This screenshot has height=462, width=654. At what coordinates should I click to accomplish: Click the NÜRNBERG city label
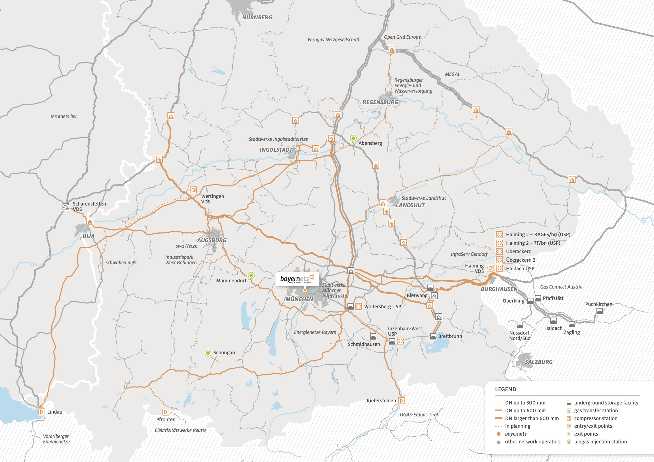tap(257, 17)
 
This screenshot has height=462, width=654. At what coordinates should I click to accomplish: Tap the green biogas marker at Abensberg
tap(353, 138)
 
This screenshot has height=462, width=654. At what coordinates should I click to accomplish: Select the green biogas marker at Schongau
tap(208, 353)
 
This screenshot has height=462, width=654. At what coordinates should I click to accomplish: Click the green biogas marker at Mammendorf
tap(251, 275)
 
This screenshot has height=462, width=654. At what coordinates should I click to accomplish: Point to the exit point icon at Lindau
tap(42, 412)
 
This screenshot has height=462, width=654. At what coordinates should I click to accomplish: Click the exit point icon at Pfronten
tap(166, 412)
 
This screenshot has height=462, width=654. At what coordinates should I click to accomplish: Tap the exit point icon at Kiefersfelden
tap(401, 401)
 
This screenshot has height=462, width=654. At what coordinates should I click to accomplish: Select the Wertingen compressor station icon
tap(193, 190)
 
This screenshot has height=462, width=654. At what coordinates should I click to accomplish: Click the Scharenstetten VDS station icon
tap(66, 207)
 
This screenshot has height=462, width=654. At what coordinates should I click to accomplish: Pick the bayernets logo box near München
tap(297, 279)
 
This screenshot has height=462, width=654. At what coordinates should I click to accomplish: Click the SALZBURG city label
tap(538, 362)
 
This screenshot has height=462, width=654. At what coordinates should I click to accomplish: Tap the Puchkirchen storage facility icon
tap(599, 311)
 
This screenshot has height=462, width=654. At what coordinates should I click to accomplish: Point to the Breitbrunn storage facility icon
tap(433, 336)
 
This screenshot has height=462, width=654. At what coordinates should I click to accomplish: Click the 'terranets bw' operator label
tap(63, 116)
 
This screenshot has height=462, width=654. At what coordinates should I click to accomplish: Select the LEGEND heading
tap(505, 389)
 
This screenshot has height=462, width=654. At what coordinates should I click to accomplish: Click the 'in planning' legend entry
tap(517, 426)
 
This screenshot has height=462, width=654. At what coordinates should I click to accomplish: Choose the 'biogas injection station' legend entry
tap(600, 442)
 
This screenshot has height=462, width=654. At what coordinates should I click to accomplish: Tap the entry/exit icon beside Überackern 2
tap(499, 260)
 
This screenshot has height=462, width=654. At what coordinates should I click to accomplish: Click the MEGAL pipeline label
tap(452, 74)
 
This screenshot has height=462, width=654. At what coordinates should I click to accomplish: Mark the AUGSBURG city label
tap(212, 240)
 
